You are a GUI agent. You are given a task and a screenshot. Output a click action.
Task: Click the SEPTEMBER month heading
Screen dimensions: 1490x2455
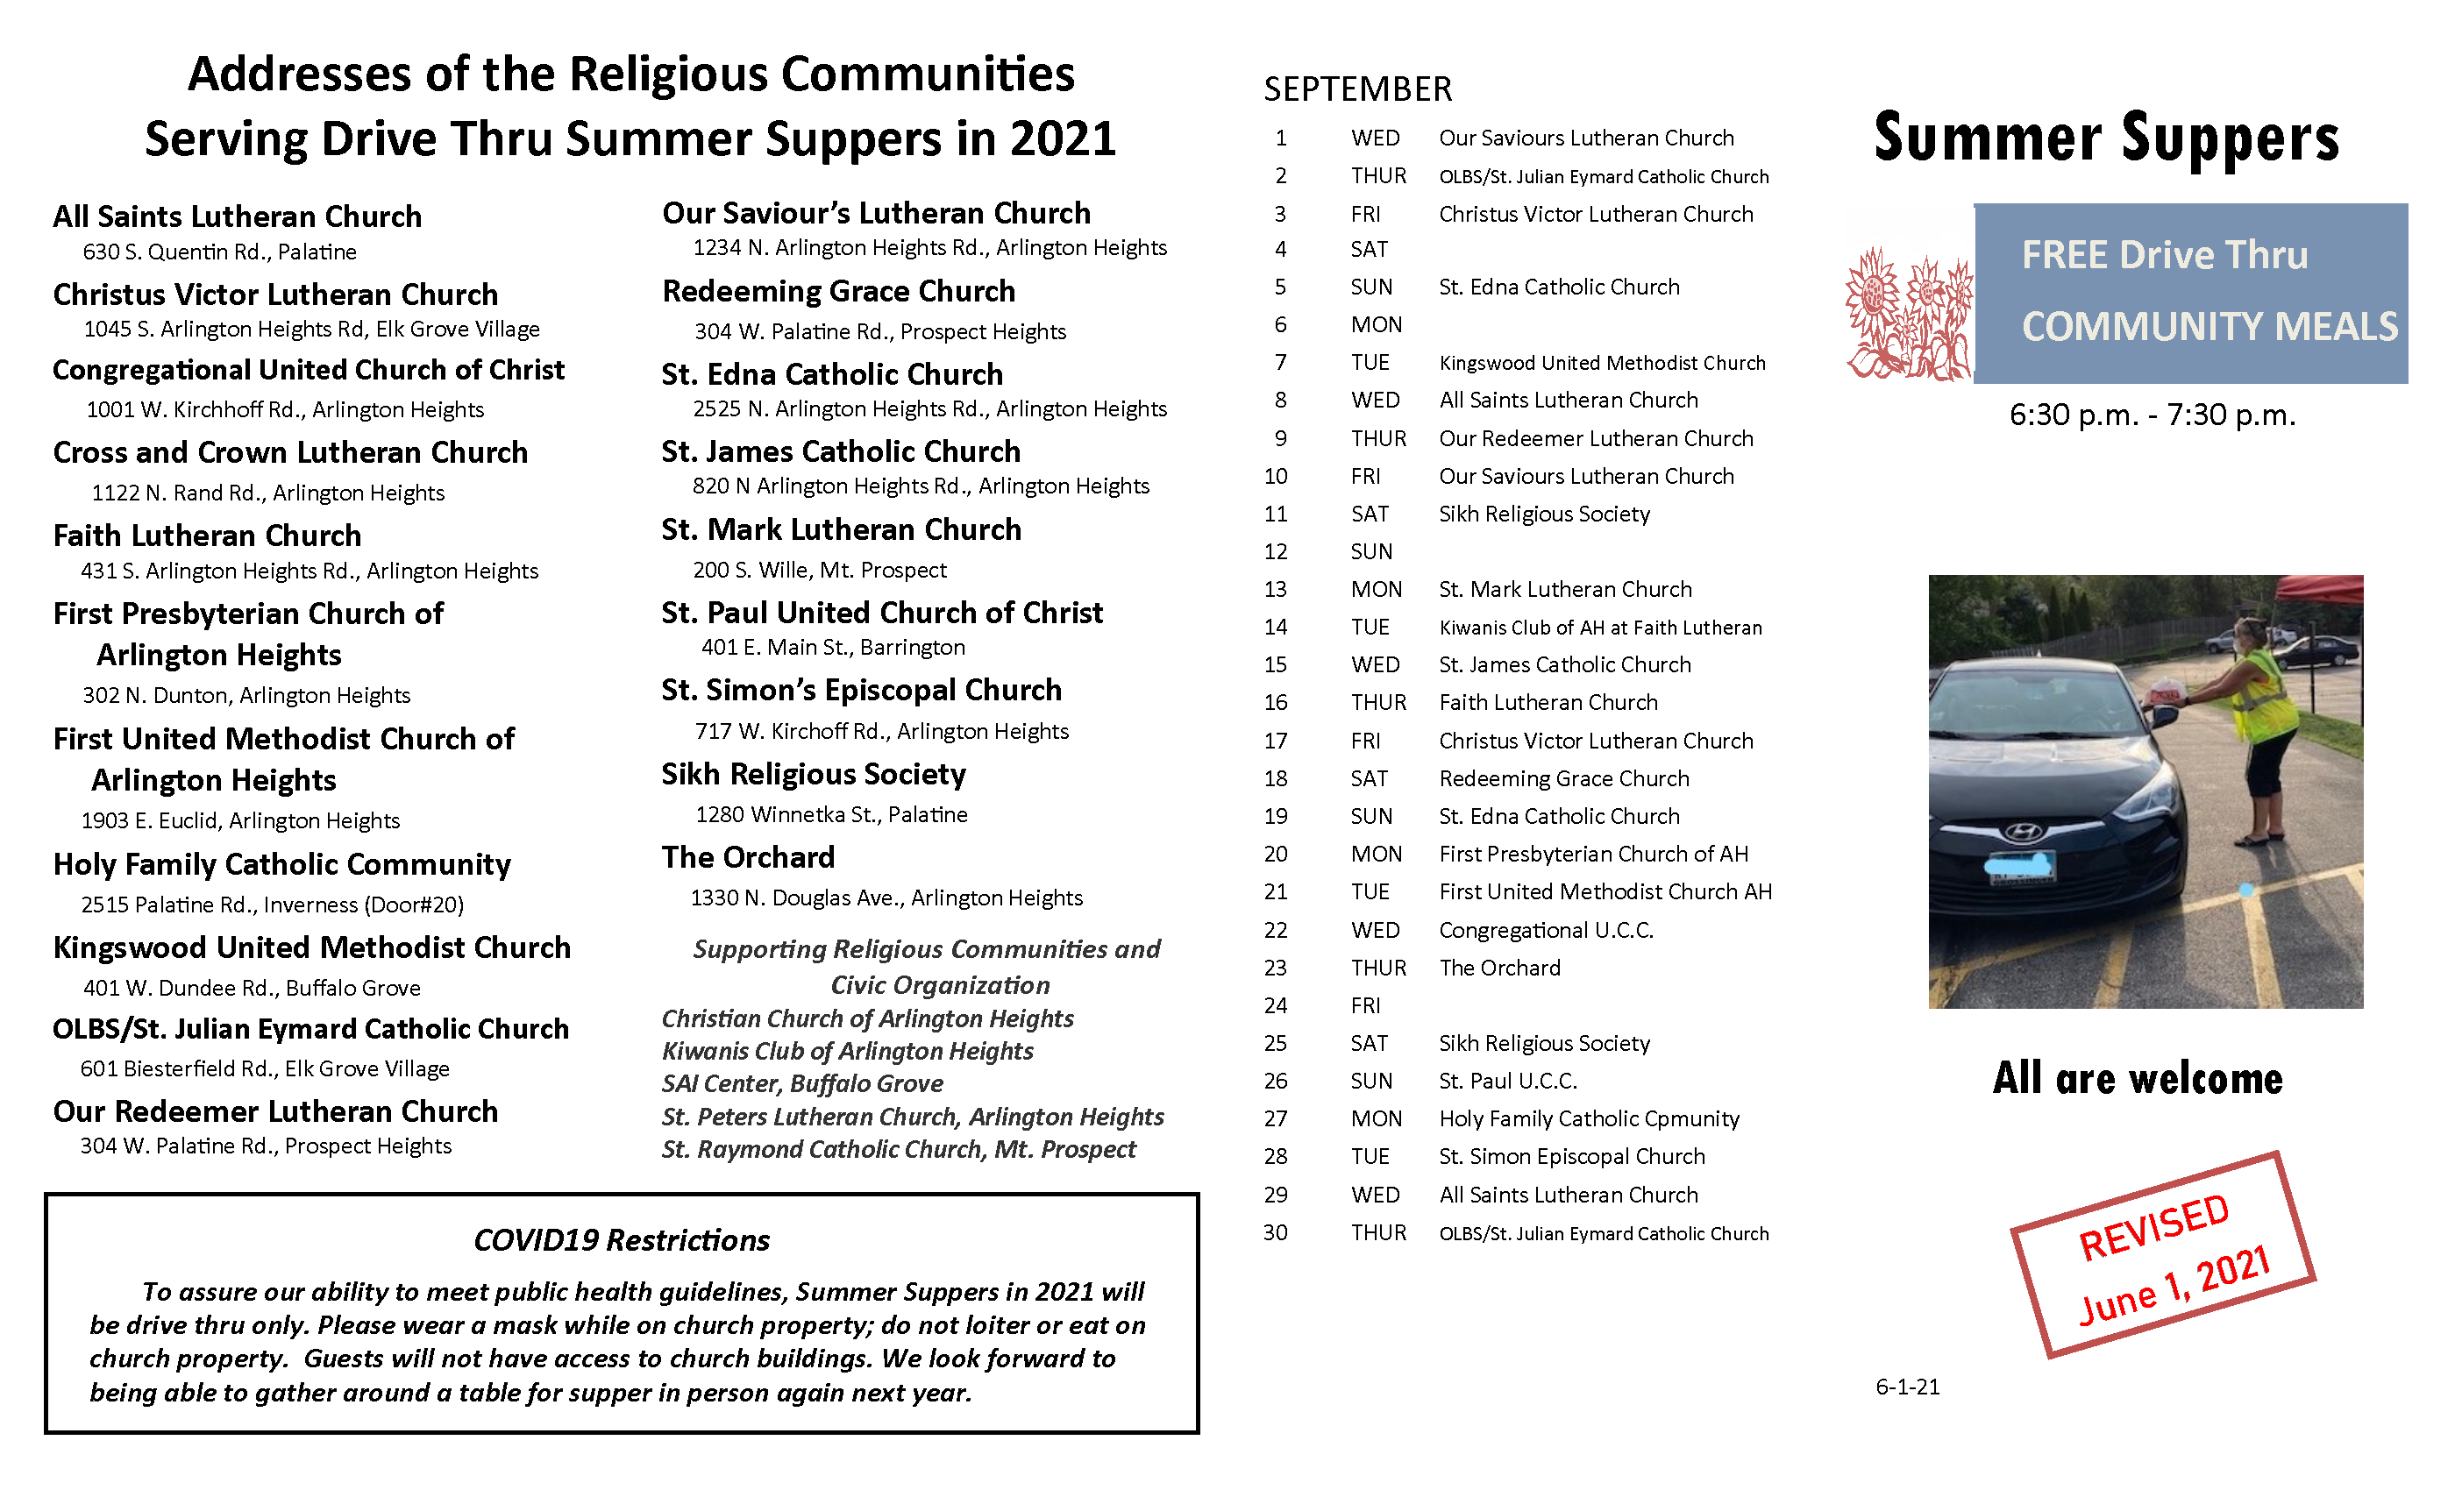click(1357, 89)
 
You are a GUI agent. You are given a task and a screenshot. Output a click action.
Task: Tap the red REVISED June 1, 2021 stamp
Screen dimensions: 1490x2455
click(2162, 1255)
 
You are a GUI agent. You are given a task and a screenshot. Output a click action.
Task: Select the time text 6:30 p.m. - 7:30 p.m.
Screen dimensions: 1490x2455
click(2153, 415)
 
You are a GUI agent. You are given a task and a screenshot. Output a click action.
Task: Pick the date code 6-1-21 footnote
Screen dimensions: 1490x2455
click(1907, 1387)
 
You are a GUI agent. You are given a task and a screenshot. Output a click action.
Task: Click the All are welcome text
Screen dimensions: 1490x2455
click(2138, 1079)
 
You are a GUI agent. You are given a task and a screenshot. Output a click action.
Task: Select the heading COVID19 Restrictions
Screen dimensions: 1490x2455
click(621, 1240)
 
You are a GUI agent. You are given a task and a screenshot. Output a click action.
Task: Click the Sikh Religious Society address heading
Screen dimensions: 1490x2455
click(813, 774)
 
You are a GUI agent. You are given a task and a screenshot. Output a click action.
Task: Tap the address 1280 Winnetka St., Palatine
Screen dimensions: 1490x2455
click(831, 815)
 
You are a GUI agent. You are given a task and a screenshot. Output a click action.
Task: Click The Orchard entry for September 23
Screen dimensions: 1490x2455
click(1499, 968)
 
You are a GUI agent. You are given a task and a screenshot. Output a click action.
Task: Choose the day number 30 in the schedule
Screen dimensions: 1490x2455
click(1276, 1233)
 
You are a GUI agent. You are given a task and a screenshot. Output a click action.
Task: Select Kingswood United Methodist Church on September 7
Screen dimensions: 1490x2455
click(1601, 363)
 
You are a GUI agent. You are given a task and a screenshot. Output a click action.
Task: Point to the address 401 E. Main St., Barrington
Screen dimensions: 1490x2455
click(833, 648)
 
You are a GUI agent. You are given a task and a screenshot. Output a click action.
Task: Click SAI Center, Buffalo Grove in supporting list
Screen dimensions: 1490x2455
click(802, 1083)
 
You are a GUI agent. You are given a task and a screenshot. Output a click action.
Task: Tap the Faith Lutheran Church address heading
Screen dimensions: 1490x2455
click(207, 536)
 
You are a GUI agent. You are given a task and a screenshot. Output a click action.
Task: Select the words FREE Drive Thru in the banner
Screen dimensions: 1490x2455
click(2164, 255)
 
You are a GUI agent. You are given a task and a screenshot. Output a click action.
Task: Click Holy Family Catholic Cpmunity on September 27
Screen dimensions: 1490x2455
click(1588, 1118)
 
